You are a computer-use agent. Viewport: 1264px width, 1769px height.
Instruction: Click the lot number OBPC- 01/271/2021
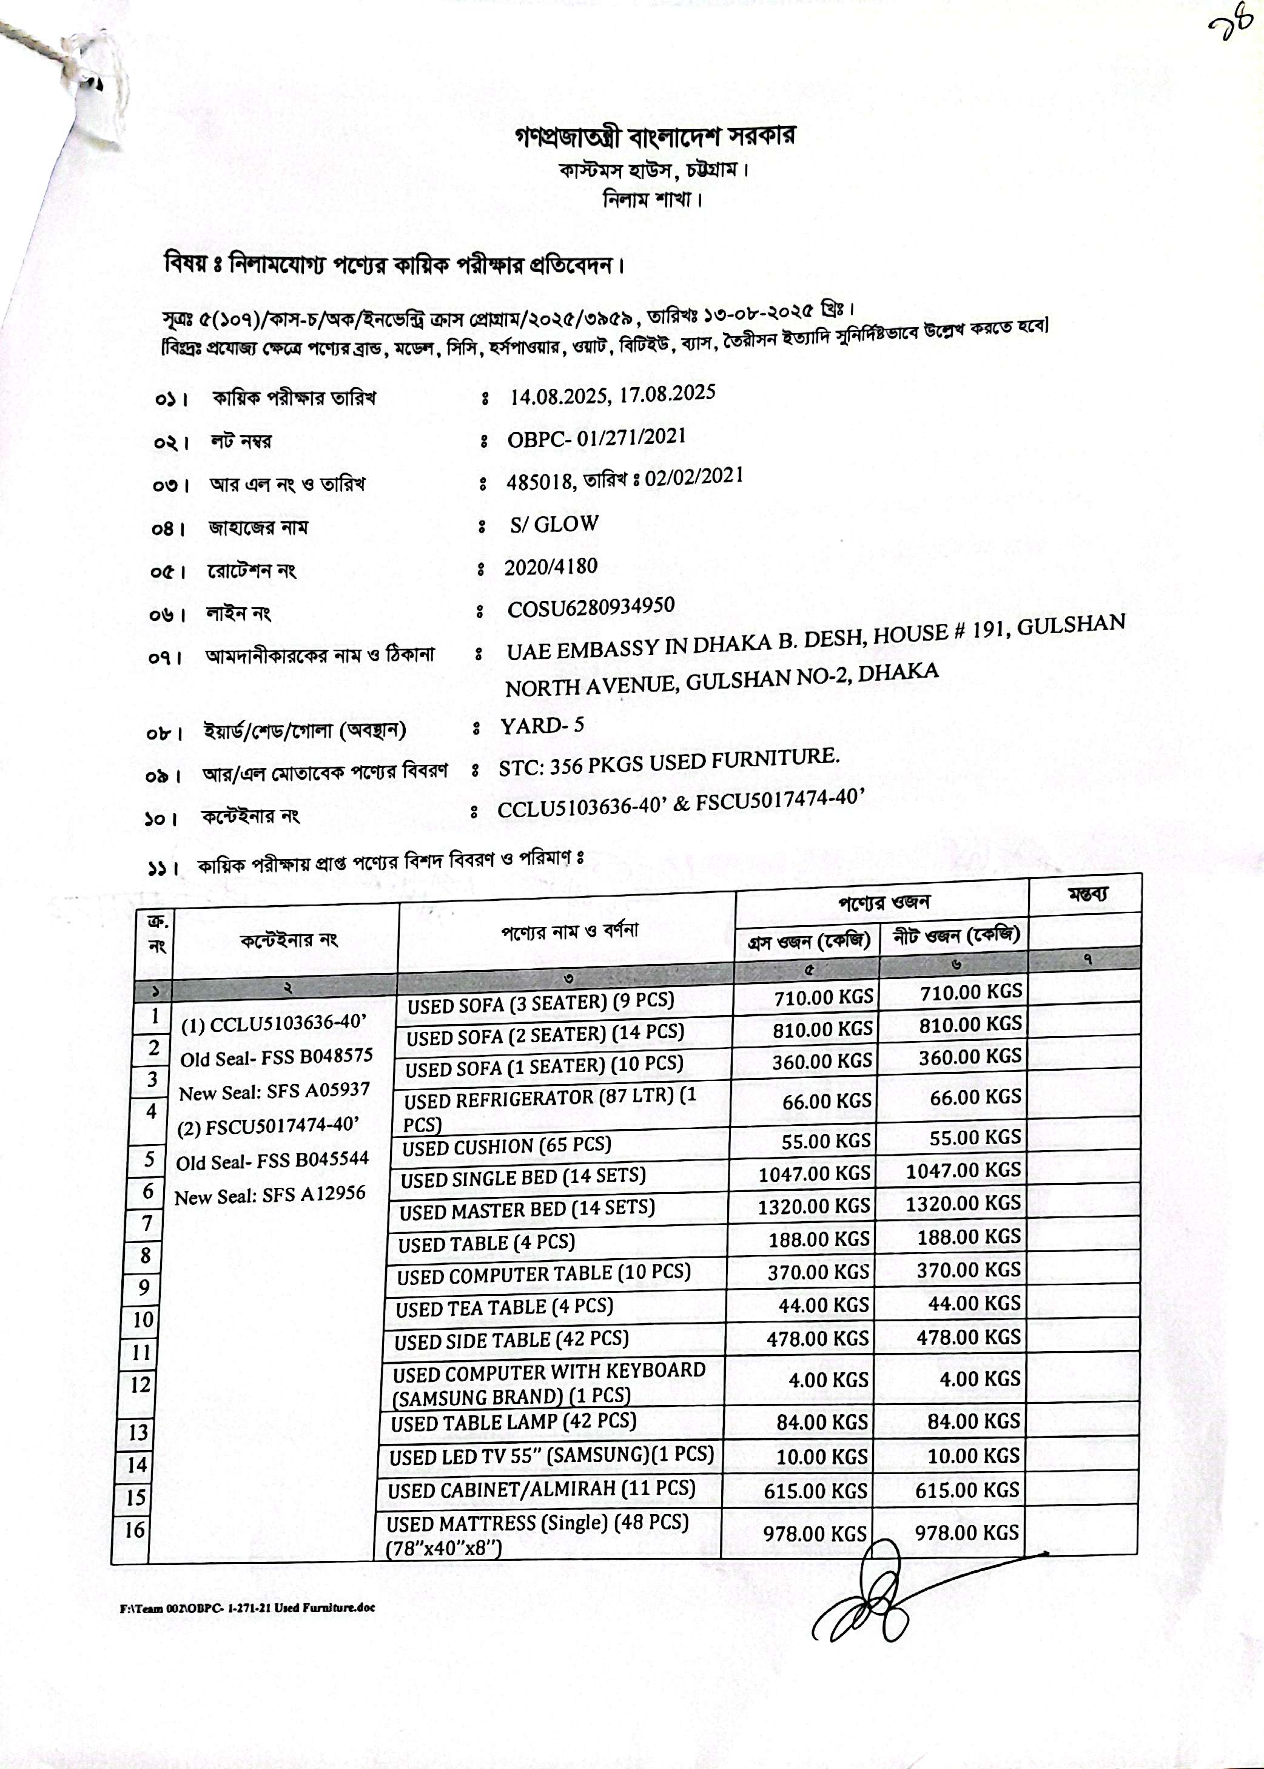(596, 437)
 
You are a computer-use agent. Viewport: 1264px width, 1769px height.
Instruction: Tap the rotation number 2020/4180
(550, 567)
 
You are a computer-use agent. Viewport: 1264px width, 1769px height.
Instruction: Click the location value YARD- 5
(542, 726)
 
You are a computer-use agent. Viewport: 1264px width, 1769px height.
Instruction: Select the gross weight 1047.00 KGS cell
(813, 1173)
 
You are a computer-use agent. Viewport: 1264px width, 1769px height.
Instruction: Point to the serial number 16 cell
(135, 1530)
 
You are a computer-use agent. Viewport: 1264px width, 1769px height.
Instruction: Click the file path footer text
(247, 1607)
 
